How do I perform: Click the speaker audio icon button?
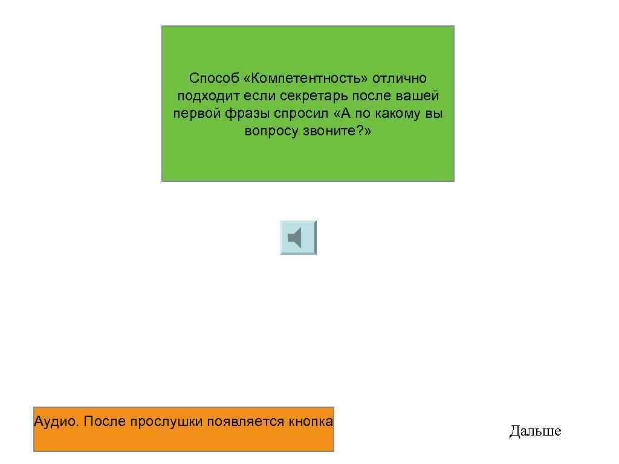298,237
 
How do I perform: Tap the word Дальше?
535,431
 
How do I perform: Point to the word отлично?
399,79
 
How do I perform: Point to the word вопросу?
270,131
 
